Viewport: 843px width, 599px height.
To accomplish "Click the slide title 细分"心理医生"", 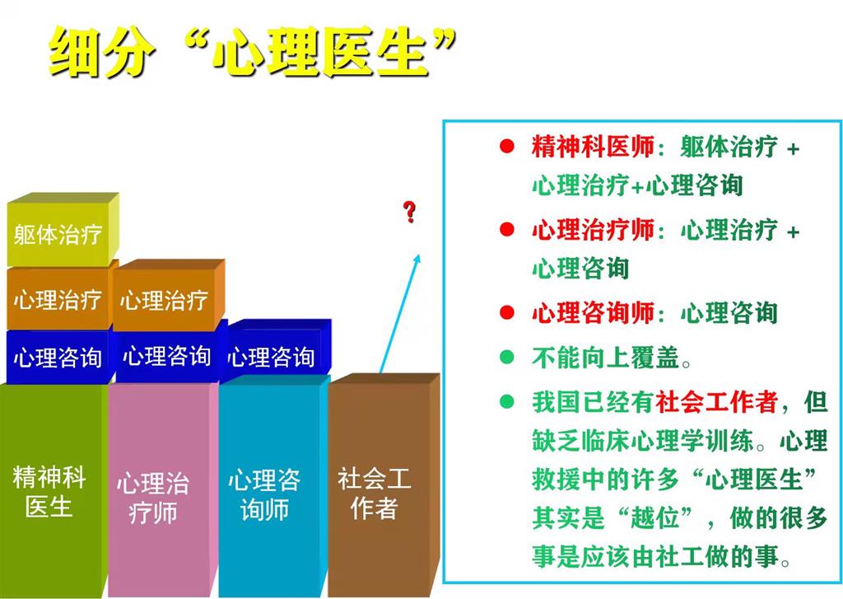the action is pyautogui.click(x=253, y=52).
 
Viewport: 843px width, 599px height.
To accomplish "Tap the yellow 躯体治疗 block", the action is pyautogui.click(x=63, y=230).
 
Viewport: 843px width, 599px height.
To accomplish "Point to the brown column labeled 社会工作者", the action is pyautogui.click(x=384, y=485).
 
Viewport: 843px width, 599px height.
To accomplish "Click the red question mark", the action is pyautogui.click(x=410, y=212).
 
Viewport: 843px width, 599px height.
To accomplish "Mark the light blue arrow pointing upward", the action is pyautogui.click(x=400, y=313).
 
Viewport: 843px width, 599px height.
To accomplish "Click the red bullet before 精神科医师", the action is pyautogui.click(x=506, y=147).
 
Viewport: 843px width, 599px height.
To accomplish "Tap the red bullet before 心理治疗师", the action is pyautogui.click(x=506, y=229).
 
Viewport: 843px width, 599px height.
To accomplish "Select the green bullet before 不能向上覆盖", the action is pyautogui.click(x=506, y=356).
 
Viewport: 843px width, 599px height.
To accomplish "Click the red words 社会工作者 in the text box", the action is pyautogui.click(x=717, y=401).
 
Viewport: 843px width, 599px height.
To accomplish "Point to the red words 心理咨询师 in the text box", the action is pyautogui.click(x=593, y=313).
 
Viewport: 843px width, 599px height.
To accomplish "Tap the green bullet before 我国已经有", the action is pyautogui.click(x=506, y=401).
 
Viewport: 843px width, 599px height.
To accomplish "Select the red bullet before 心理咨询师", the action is pyautogui.click(x=506, y=312).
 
